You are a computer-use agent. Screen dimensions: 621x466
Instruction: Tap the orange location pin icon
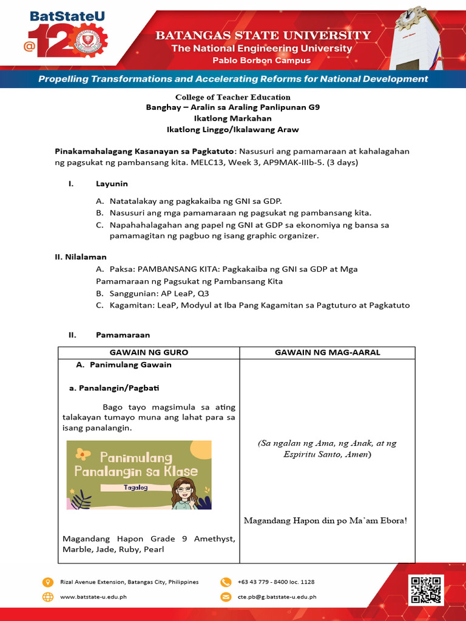pyautogui.click(x=48, y=582)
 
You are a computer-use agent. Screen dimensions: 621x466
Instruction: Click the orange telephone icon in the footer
pyautogui.click(x=226, y=582)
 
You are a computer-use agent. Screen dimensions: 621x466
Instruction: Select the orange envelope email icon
pyautogui.click(x=226, y=597)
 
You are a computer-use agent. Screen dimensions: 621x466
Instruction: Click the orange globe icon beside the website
pyautogui.click(x=48, y=597)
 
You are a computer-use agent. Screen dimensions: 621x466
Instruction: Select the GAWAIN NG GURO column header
pyautogui.click(x=149, y=352)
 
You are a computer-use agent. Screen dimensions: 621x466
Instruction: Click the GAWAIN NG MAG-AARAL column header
pyautogui.click(x=328, y=352)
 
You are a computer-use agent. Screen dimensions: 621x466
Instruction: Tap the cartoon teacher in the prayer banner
pyautogui.click(x=183, y=493)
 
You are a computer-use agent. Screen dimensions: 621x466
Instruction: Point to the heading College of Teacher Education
pyautogui.click(x=233, y=97)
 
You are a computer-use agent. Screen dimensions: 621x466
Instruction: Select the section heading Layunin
pyautogui.click(x=112, y=183)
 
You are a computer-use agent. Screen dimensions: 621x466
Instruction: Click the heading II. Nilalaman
pyautogui.click(x=81, y=257)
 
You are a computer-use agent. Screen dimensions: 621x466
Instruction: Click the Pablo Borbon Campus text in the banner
pyautogui.click(x=262, y=61)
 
